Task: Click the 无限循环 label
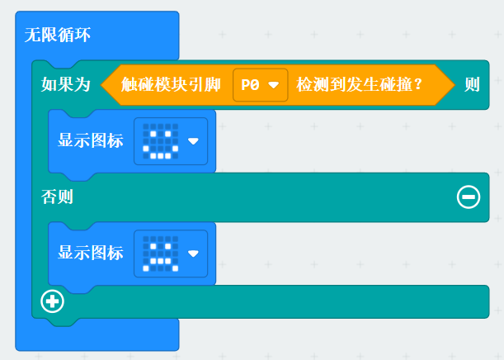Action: click(58, 35)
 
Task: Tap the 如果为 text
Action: click(66, 84)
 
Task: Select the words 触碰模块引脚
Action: click(171, 84)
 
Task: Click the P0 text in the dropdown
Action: click(250, 84)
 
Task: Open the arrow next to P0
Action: click(273, 85)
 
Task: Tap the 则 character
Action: click(472, 84)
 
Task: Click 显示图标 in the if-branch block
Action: click(91, 140)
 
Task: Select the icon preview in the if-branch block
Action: click(160, 140)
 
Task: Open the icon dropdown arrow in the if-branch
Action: click(193, 141)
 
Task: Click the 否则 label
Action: click(58, 197)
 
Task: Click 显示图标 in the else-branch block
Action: click(91, 253)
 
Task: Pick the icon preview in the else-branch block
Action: click(160, 253)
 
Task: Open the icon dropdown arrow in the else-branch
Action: click(193, 253)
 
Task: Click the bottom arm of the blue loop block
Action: click(97, 334)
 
